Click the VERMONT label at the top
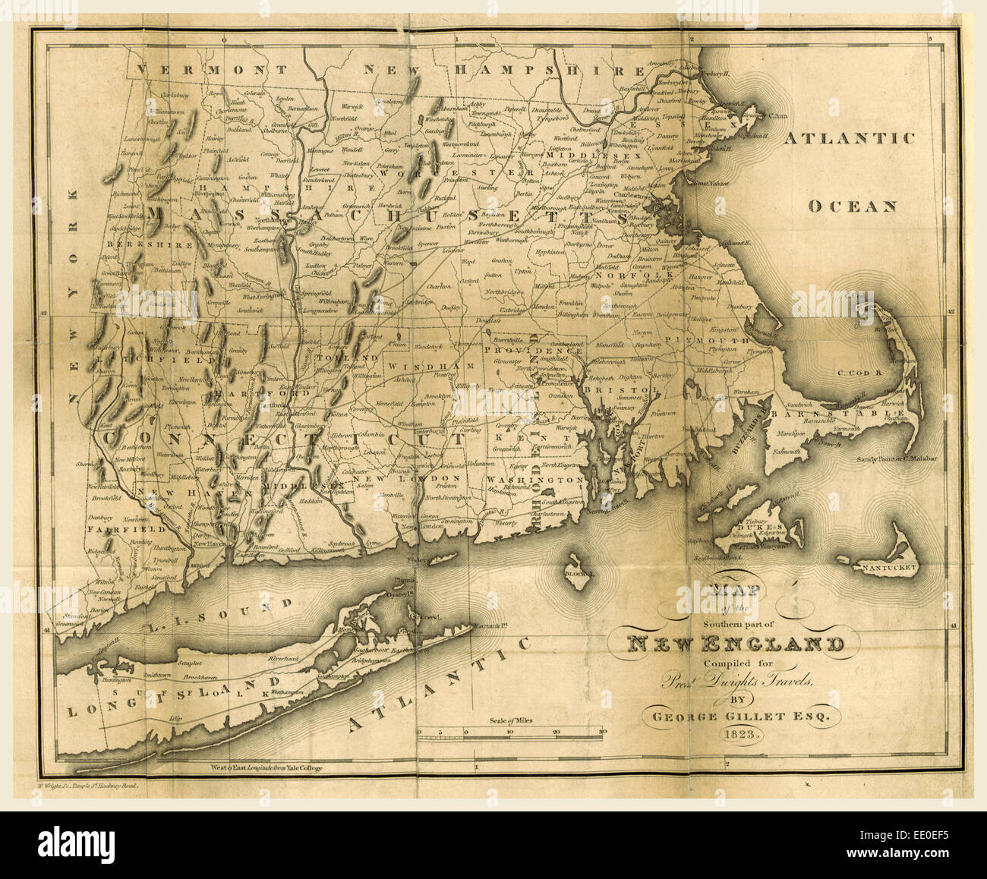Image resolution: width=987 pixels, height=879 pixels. tap(213, 70)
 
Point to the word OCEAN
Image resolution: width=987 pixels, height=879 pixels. tap(853, 206)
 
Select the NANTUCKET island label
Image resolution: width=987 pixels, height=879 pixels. tap(885, 568)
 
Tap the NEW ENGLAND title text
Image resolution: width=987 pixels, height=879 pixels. tap(734, 644)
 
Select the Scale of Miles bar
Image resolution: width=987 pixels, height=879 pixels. tap(510, 731)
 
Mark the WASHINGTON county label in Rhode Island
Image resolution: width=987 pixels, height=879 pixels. tap(536, 480)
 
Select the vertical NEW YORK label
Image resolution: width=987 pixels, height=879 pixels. tap(73, 296)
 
